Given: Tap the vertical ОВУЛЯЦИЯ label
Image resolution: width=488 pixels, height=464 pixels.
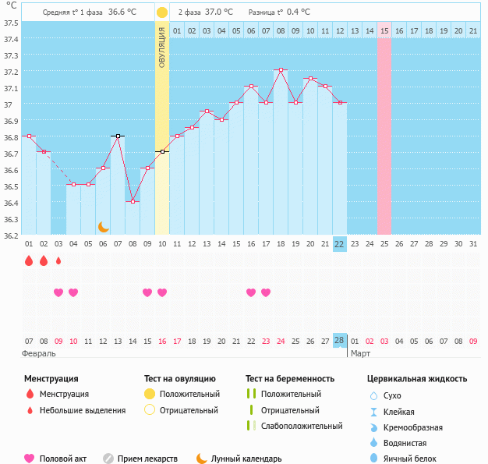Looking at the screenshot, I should tap(162, 47).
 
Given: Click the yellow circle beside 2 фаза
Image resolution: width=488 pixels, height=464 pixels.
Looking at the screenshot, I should tap(162, 12).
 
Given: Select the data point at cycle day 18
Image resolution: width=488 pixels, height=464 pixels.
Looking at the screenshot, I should tap(281, 70).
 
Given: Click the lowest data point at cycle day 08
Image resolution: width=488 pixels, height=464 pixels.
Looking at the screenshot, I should tap(133, 202).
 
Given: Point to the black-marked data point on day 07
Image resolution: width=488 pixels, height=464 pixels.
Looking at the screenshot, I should tap(118, 136).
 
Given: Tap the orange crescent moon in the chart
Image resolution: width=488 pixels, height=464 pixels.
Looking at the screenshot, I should tap(104, 226).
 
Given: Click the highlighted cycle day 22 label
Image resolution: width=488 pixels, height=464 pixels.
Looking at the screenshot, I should tap(339, 244).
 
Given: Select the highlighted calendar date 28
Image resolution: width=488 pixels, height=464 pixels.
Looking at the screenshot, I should tap(339, 341).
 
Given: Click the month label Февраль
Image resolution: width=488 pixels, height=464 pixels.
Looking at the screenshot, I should tap(40, 353).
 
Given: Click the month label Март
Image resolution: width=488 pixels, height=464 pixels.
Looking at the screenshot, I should tap(360, 353).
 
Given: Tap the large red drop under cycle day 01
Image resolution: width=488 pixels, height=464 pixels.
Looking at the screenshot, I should tap(29, 261).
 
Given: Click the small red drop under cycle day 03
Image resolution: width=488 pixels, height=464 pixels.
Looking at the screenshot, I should tap(58, 260).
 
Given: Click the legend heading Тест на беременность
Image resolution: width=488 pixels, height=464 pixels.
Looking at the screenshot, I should tap(290, 379).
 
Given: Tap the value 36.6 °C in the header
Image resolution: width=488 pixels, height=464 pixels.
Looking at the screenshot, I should tap(122, 12).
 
